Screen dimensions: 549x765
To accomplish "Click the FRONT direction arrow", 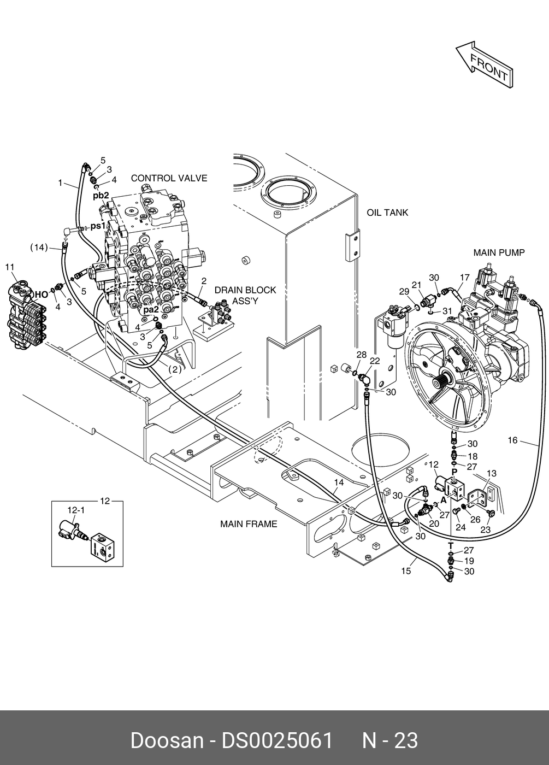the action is (485, 65).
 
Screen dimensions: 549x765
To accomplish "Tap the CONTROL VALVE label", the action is (169, 178).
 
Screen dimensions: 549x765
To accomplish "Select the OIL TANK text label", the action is (387, 213).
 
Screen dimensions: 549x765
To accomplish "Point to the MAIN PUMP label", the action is (499, 252).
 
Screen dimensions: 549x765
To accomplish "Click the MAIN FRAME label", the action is (249, 524).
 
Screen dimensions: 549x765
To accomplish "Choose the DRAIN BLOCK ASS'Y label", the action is (245, 296).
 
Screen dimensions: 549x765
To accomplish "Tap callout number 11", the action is (10, 267).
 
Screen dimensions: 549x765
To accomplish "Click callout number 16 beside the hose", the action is (512, 440).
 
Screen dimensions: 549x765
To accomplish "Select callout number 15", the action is (406, 570).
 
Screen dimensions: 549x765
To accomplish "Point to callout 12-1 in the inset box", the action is (76, 510).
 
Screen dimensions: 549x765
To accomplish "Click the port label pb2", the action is (101, 196).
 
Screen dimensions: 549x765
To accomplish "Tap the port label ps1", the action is (98, 226).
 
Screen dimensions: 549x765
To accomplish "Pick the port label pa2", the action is (151, 310).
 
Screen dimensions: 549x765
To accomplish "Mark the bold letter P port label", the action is (454, 472).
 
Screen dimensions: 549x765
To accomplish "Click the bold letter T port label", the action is (451, 545).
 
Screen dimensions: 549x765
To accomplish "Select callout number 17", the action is (465, 278).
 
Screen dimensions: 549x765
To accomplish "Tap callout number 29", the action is (404, 291).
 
